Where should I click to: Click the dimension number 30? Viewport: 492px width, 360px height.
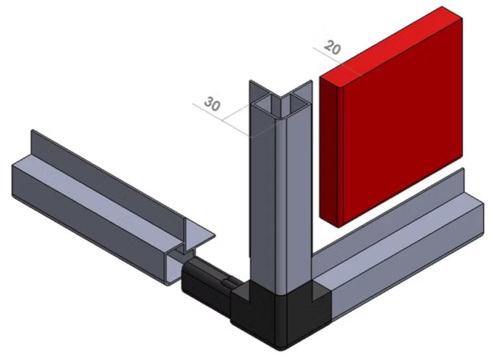(x=212, y=103)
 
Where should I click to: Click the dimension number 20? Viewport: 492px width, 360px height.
(x=332, y=47)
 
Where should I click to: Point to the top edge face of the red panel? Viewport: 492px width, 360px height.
(x=391, y=46)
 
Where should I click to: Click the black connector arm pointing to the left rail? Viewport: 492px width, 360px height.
(x=207, y=283)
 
